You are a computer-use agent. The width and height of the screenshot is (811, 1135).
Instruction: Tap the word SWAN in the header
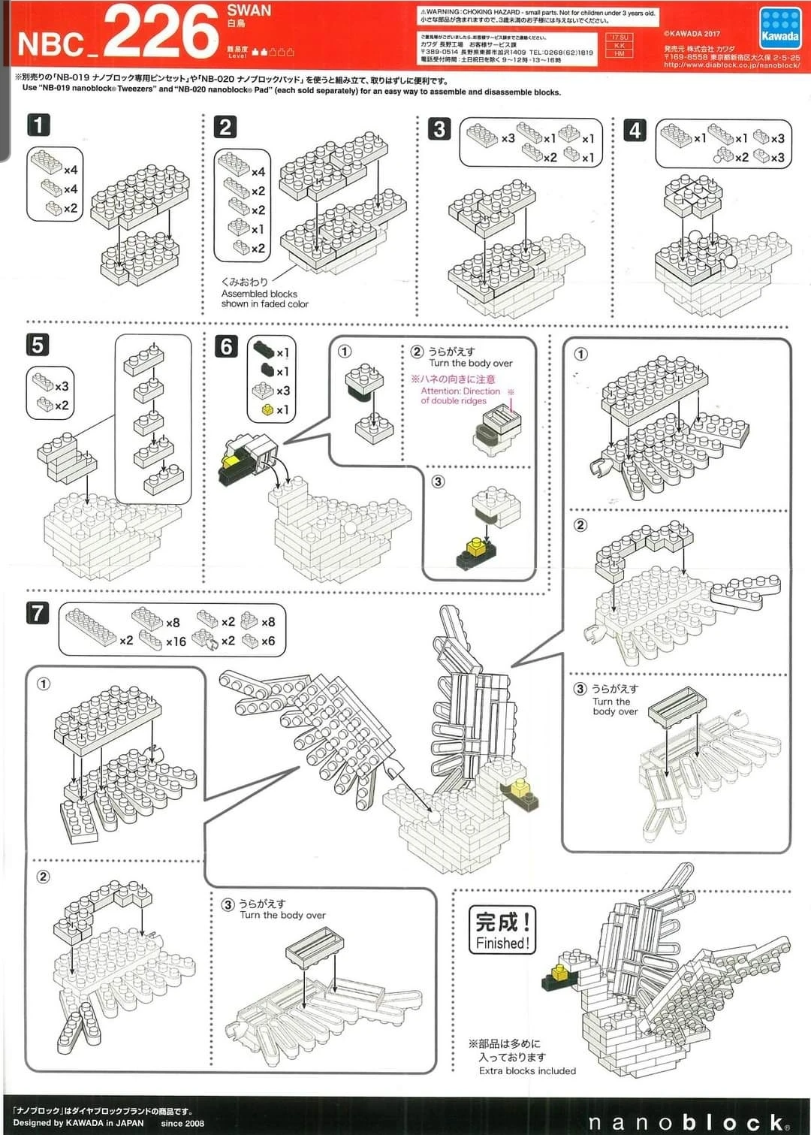pyautogui.click(x=249, y=11)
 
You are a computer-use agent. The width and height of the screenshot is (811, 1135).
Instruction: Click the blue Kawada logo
pyautogui.click(x=780, y=29)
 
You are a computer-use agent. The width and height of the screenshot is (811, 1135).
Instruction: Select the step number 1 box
pyautogui.click(x=38, y=124)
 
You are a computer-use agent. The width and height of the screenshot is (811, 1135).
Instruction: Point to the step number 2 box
pyautogui.click(x=225, y=126)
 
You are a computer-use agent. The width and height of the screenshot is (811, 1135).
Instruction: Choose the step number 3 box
pyautogui.click(x=439, y=128)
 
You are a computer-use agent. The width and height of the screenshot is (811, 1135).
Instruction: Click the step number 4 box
pyautogui.click(x=635, y=130)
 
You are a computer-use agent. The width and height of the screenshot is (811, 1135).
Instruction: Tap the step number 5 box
pyautogui.click(x=38, y=345)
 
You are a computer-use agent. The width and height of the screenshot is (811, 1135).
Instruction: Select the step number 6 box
pyautogui.click(x=226, y=346)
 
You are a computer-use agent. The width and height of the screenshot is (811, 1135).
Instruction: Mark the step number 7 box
pyautogui.click(x=38, y=613)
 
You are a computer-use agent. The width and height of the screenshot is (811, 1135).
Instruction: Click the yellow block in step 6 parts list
pyautogui.click(x=266, y=410)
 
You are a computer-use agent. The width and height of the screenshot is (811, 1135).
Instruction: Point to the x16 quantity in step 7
pyautogui.click(x=176, y=641)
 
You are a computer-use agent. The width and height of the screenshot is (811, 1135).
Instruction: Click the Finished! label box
pyautogui.click(x=502, y=930)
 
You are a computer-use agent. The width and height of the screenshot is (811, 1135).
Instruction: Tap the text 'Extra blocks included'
pyautogui.click(x=527, y=1070)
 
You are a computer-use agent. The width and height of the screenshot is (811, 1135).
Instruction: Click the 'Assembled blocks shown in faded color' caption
pyautogui.click(x=264, y=298)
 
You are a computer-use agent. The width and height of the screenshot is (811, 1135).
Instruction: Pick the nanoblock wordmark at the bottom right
pyautogui.click(x=689, y=1121)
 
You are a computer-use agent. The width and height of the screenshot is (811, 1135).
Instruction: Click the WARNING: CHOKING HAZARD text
pyautogui.click(x=538, y=13)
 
